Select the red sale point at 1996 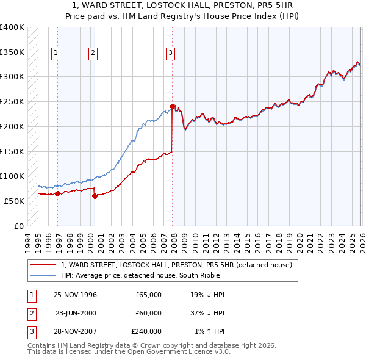[x=57, y=193]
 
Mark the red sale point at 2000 [x=95, y=196]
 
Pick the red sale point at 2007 [x=173, y=106]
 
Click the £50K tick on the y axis [x=14, y=201]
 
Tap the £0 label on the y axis [x=20, y=226]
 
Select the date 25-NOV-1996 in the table [x=75, y=295]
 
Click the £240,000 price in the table [x=146, y=331]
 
